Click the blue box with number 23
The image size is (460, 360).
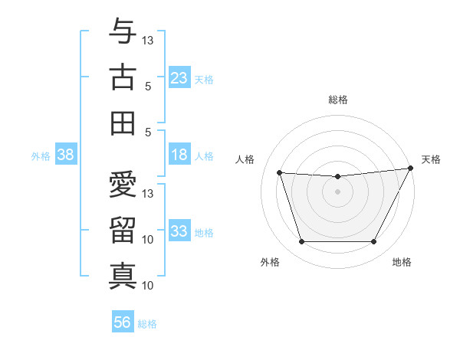[x=179, y=78]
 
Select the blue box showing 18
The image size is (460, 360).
[x=179, y=155]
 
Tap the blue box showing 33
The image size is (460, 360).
[x=179, y=232]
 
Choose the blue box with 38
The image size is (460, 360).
[x=66, y=155]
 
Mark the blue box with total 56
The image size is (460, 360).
[x=123, y=322]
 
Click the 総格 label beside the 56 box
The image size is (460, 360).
[x=147, y=324]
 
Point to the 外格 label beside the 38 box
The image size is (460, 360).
[x=41, y=156]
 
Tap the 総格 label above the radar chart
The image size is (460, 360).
[x=337, y=100]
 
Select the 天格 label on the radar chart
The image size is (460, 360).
[x=431, y=159]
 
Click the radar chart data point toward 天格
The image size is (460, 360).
[x=411, y=168]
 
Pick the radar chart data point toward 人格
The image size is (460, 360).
[x=280, y=173]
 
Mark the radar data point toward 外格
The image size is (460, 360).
[x=301, y=242]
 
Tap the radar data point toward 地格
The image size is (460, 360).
[x=374, y=242]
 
